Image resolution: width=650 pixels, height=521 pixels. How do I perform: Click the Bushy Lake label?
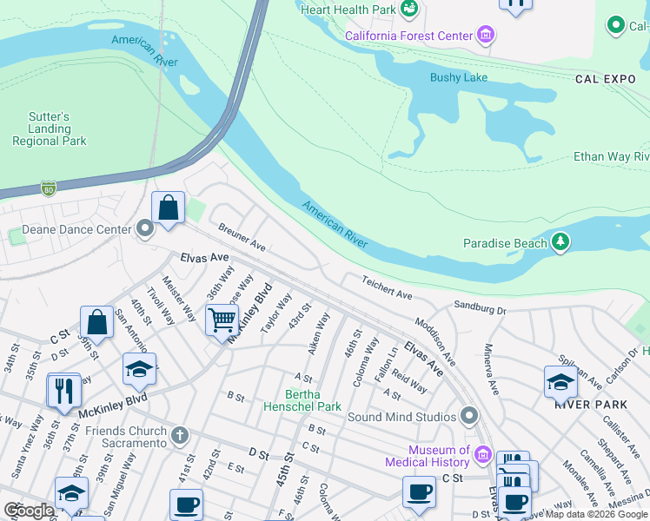coord(459,77)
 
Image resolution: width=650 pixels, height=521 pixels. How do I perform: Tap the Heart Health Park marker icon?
coord(410,10)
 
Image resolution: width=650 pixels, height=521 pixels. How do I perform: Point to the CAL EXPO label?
coord(606,79)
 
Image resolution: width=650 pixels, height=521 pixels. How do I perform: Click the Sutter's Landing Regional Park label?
coord(50,129)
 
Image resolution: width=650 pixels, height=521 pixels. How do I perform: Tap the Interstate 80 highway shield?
coord(49,188)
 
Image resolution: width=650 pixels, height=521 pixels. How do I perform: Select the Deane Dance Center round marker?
coord(145,229)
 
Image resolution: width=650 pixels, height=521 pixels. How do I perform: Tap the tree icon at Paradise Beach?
coord(561,242)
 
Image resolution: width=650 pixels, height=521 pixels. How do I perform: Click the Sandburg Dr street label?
coord(479,308)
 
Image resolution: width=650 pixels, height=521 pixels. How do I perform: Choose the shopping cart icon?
coord(222,320)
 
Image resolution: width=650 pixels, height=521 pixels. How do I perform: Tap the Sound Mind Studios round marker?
coord(470,416)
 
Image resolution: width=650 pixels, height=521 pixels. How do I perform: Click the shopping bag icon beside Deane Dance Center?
coord(168,208)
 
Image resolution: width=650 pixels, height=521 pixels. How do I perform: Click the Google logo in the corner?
coord(30,510)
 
